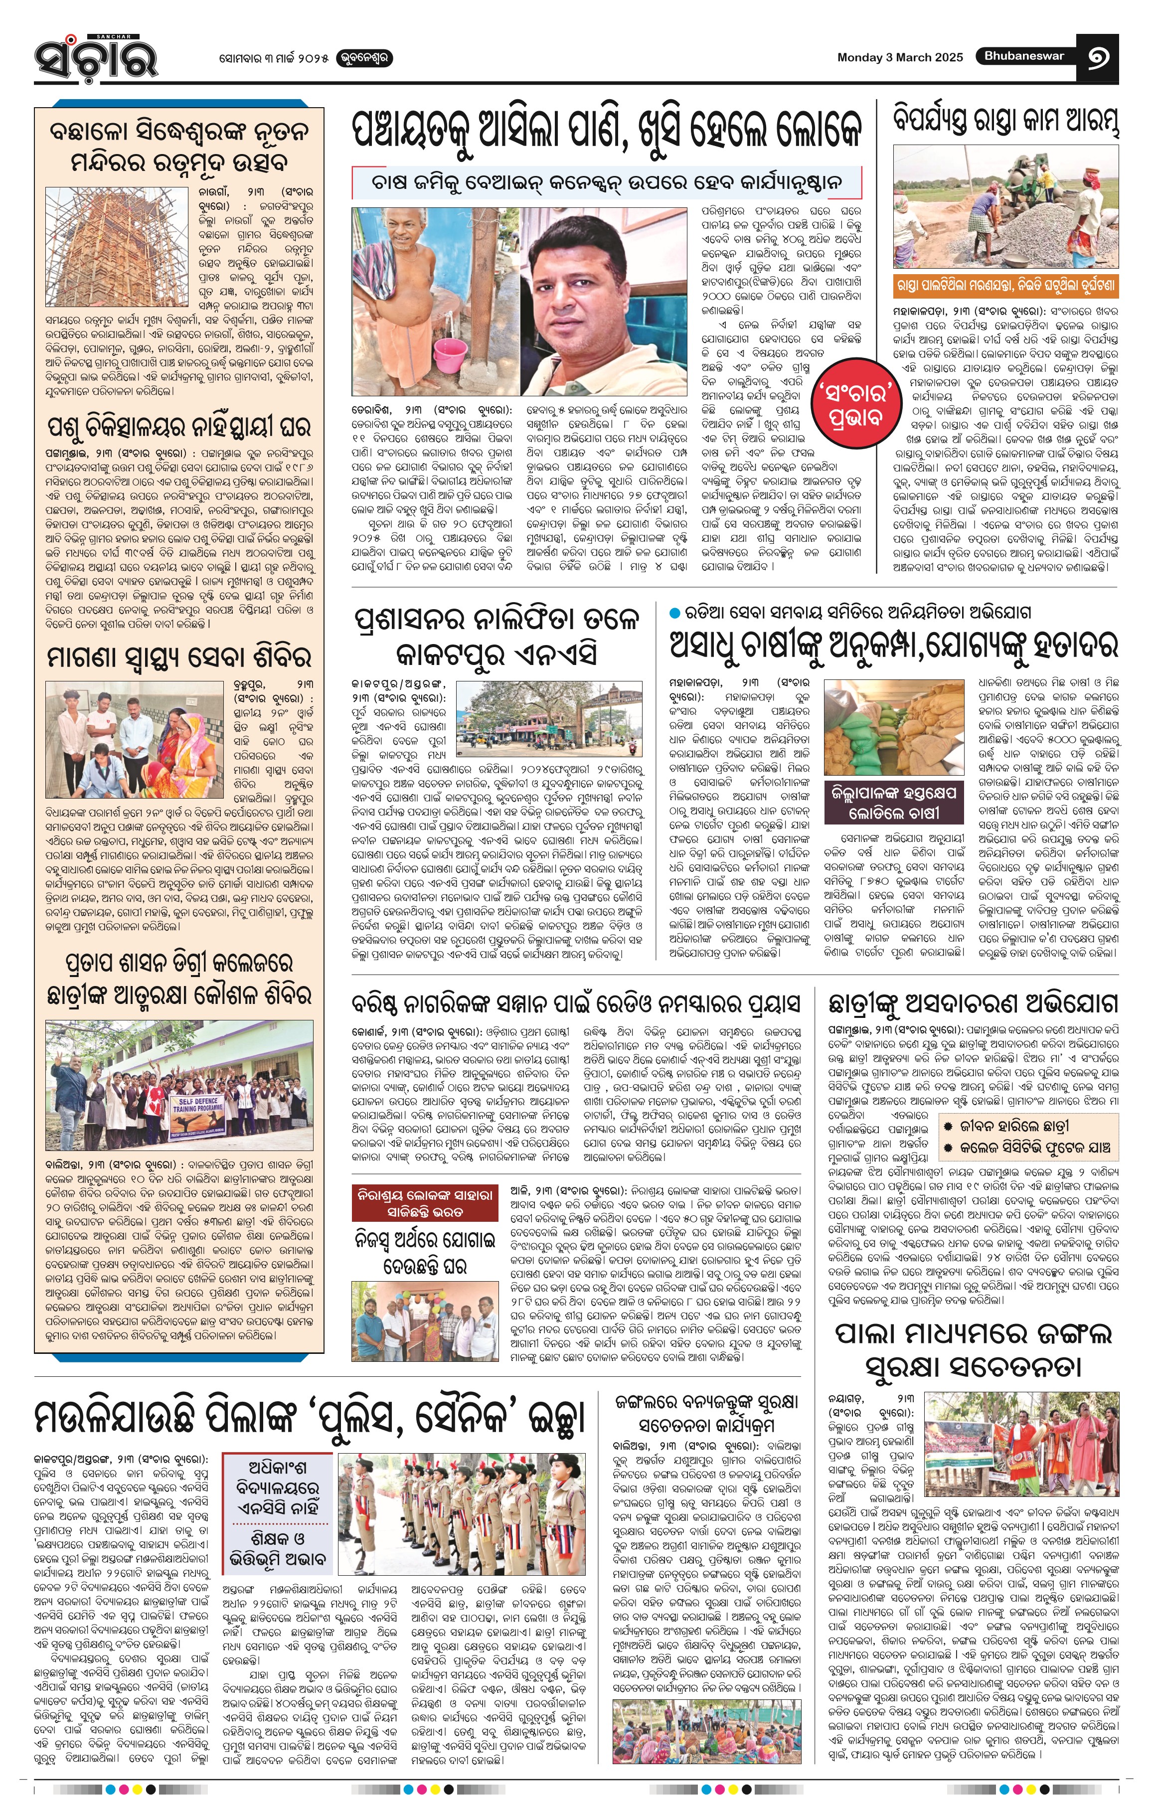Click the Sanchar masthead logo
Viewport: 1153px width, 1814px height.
[x=96, y=56]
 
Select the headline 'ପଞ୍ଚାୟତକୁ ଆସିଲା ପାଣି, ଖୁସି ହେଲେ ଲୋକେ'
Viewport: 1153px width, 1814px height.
[x=606, y=132]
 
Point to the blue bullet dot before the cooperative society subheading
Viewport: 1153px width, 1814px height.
[x=675, y=613]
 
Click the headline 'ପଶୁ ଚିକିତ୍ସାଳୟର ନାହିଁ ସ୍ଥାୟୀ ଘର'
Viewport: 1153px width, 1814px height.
[x=179, y=427]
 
